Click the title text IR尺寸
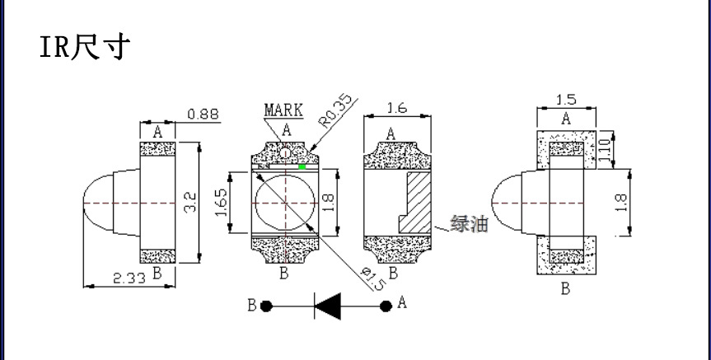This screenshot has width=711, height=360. (x=85, y=47)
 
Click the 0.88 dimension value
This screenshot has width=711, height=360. (x=203, y=114)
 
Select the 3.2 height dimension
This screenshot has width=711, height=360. (x=191, y=202)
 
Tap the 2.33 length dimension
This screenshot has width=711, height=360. (x=129, y=278)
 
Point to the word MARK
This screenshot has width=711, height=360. (x=283, y=110)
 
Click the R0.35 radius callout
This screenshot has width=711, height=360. (x=336, y=110)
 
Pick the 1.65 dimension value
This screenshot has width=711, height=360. (x=222, y=202)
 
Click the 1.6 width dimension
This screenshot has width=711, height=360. (x=397, y=109)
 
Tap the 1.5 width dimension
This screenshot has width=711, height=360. (x=566, y=100)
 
